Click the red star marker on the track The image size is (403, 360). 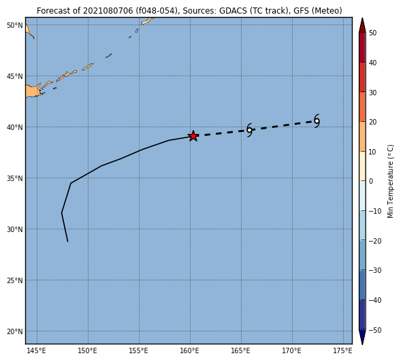point(193,136)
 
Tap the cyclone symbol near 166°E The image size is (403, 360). point(249,130)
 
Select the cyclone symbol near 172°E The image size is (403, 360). point(317,121)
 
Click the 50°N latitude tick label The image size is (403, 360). point(15,25)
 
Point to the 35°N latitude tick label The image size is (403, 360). point(15,178)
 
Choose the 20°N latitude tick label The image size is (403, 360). point(15,331)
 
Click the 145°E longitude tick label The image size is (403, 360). point(37,350)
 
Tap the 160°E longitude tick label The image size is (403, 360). point(190,350)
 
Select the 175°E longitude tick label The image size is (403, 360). point(343,350)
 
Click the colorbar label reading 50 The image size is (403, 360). point(372,33)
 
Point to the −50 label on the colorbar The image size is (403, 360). point(375,330)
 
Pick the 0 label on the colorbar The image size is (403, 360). point(371,181)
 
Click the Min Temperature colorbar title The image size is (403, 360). point(390,182)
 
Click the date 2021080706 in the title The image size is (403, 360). point(108,11)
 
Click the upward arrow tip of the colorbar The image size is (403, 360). point(362,18)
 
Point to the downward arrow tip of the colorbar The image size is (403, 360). point(362,344)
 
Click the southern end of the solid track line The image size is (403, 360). point(67,242)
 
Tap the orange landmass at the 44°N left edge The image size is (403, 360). point(33,91)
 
